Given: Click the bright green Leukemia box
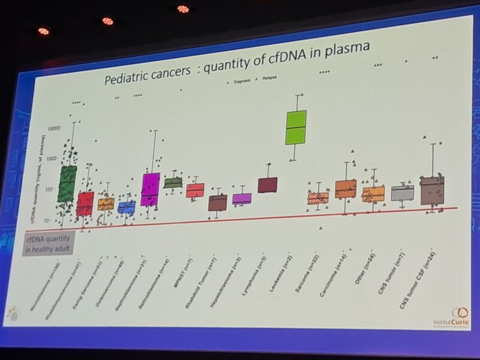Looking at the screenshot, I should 296,127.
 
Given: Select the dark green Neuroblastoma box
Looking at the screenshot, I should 67,184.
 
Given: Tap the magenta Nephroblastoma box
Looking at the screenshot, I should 150,189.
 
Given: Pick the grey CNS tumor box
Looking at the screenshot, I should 402,193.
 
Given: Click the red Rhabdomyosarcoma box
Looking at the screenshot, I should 85,203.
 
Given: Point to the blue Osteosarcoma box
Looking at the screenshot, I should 127,208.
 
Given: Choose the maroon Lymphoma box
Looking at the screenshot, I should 268,185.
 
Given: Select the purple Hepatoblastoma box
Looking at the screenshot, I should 242,199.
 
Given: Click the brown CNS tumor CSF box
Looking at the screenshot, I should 431,190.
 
